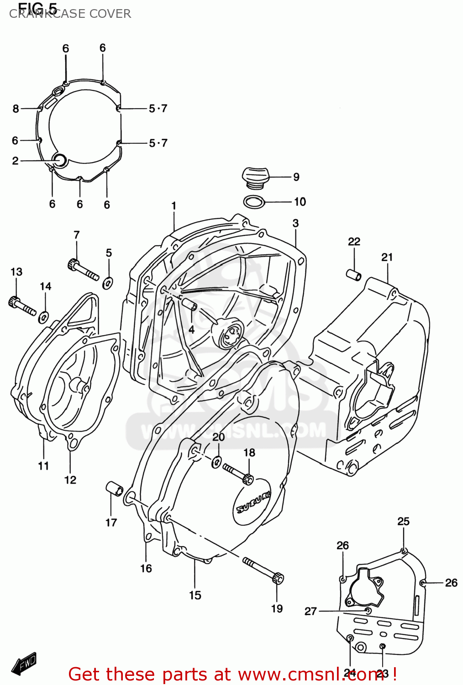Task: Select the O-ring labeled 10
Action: (x=254, y=201)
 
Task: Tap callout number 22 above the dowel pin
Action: (x=354, y=242)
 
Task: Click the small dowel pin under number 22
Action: (x=353, y=275)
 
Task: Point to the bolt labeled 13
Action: (x=21, y=306)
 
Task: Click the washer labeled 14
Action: (x=44, y=316)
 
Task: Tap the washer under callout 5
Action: (x=108, y=283)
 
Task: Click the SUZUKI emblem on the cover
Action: (x=253, y=502)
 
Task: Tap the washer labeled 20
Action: (x=216, y=462)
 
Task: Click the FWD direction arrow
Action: (x=24, y=664)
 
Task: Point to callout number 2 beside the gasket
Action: (x=15, y=161)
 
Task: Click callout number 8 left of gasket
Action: (x=16, y=109)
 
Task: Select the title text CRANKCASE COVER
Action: (x=70, y=14)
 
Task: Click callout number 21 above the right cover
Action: (x=387, y=258)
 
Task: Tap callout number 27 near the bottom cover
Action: (x=310, y=611)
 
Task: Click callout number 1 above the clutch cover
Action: (x=174, y=206)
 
